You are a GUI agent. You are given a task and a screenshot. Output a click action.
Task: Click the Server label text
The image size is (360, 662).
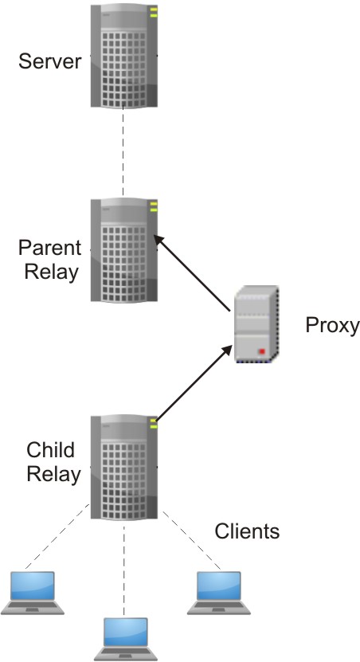[50, 61]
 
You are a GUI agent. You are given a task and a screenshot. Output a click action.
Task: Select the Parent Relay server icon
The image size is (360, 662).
[124, 251]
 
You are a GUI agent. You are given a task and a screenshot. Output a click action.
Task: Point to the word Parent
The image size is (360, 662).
[49, 247]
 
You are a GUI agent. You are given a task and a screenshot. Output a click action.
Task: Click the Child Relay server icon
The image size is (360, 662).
[124, 466]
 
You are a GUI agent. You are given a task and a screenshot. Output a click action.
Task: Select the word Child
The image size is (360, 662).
[51, 450]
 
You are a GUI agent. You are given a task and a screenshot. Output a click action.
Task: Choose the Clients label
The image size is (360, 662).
[248, 531]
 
